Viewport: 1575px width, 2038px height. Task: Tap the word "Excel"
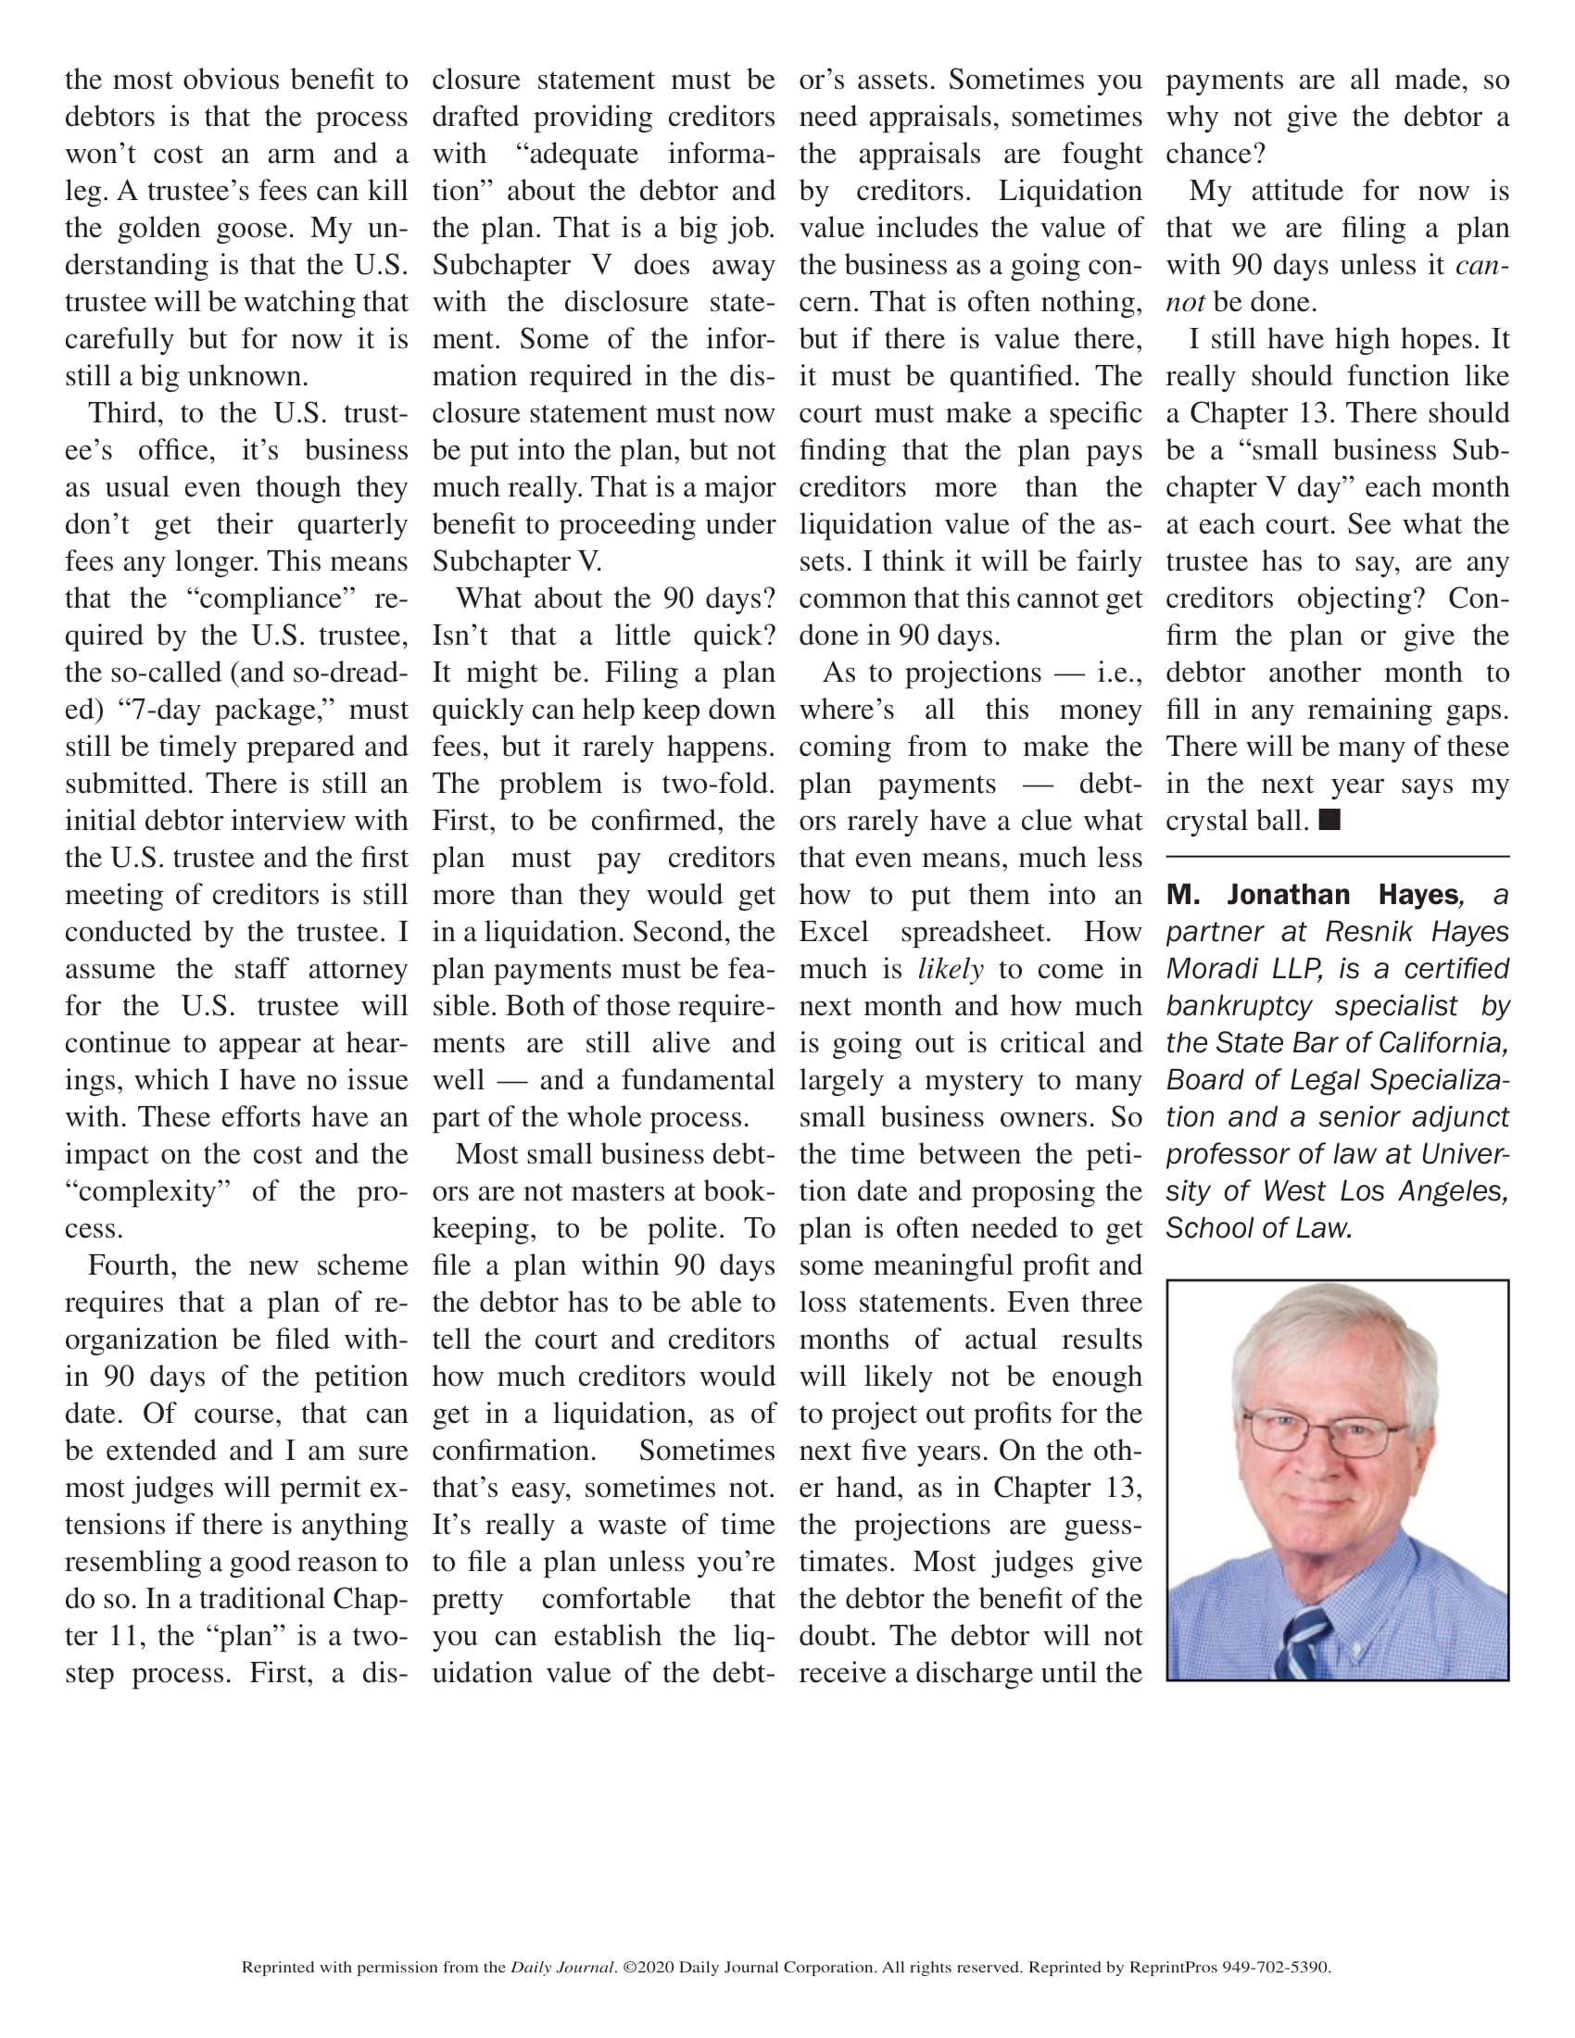click(833, 932)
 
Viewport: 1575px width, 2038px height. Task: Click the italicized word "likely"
click(950, 970)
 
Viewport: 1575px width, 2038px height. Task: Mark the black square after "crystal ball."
click(1329, 820)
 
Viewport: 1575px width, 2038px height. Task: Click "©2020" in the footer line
click(649, 1967)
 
